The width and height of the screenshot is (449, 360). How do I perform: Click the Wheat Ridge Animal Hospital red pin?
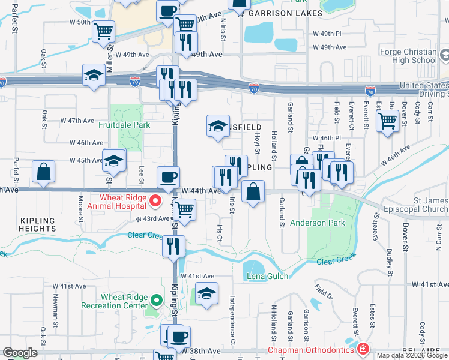pyautogui.click(x=155, y=200)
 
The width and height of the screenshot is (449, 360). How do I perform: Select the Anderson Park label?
pyautogui.click(x=318, y=223)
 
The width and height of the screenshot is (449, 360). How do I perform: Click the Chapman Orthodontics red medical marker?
pyautogui.click(x=362, y=349)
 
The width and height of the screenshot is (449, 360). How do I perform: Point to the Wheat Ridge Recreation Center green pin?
pyautogui.click(x=155, y=301)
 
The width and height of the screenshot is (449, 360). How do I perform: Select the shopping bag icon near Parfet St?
pyautogui.click(x=44, y=172)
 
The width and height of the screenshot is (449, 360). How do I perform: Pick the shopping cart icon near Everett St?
pyautogui.click(x=387, y=121)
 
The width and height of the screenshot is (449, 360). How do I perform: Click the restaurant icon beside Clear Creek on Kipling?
pyautogui.click(x=173, y=246)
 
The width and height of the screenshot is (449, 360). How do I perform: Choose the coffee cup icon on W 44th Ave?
pyautogui.click(x=168, y=178)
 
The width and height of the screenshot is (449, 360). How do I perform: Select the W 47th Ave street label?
pyautogui.click(x=82, y=121)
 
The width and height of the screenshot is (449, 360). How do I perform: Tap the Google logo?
pyautogui.click(x=20, y=353)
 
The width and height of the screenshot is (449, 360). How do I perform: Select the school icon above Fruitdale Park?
pyautogui.click(x=94, y=75)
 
